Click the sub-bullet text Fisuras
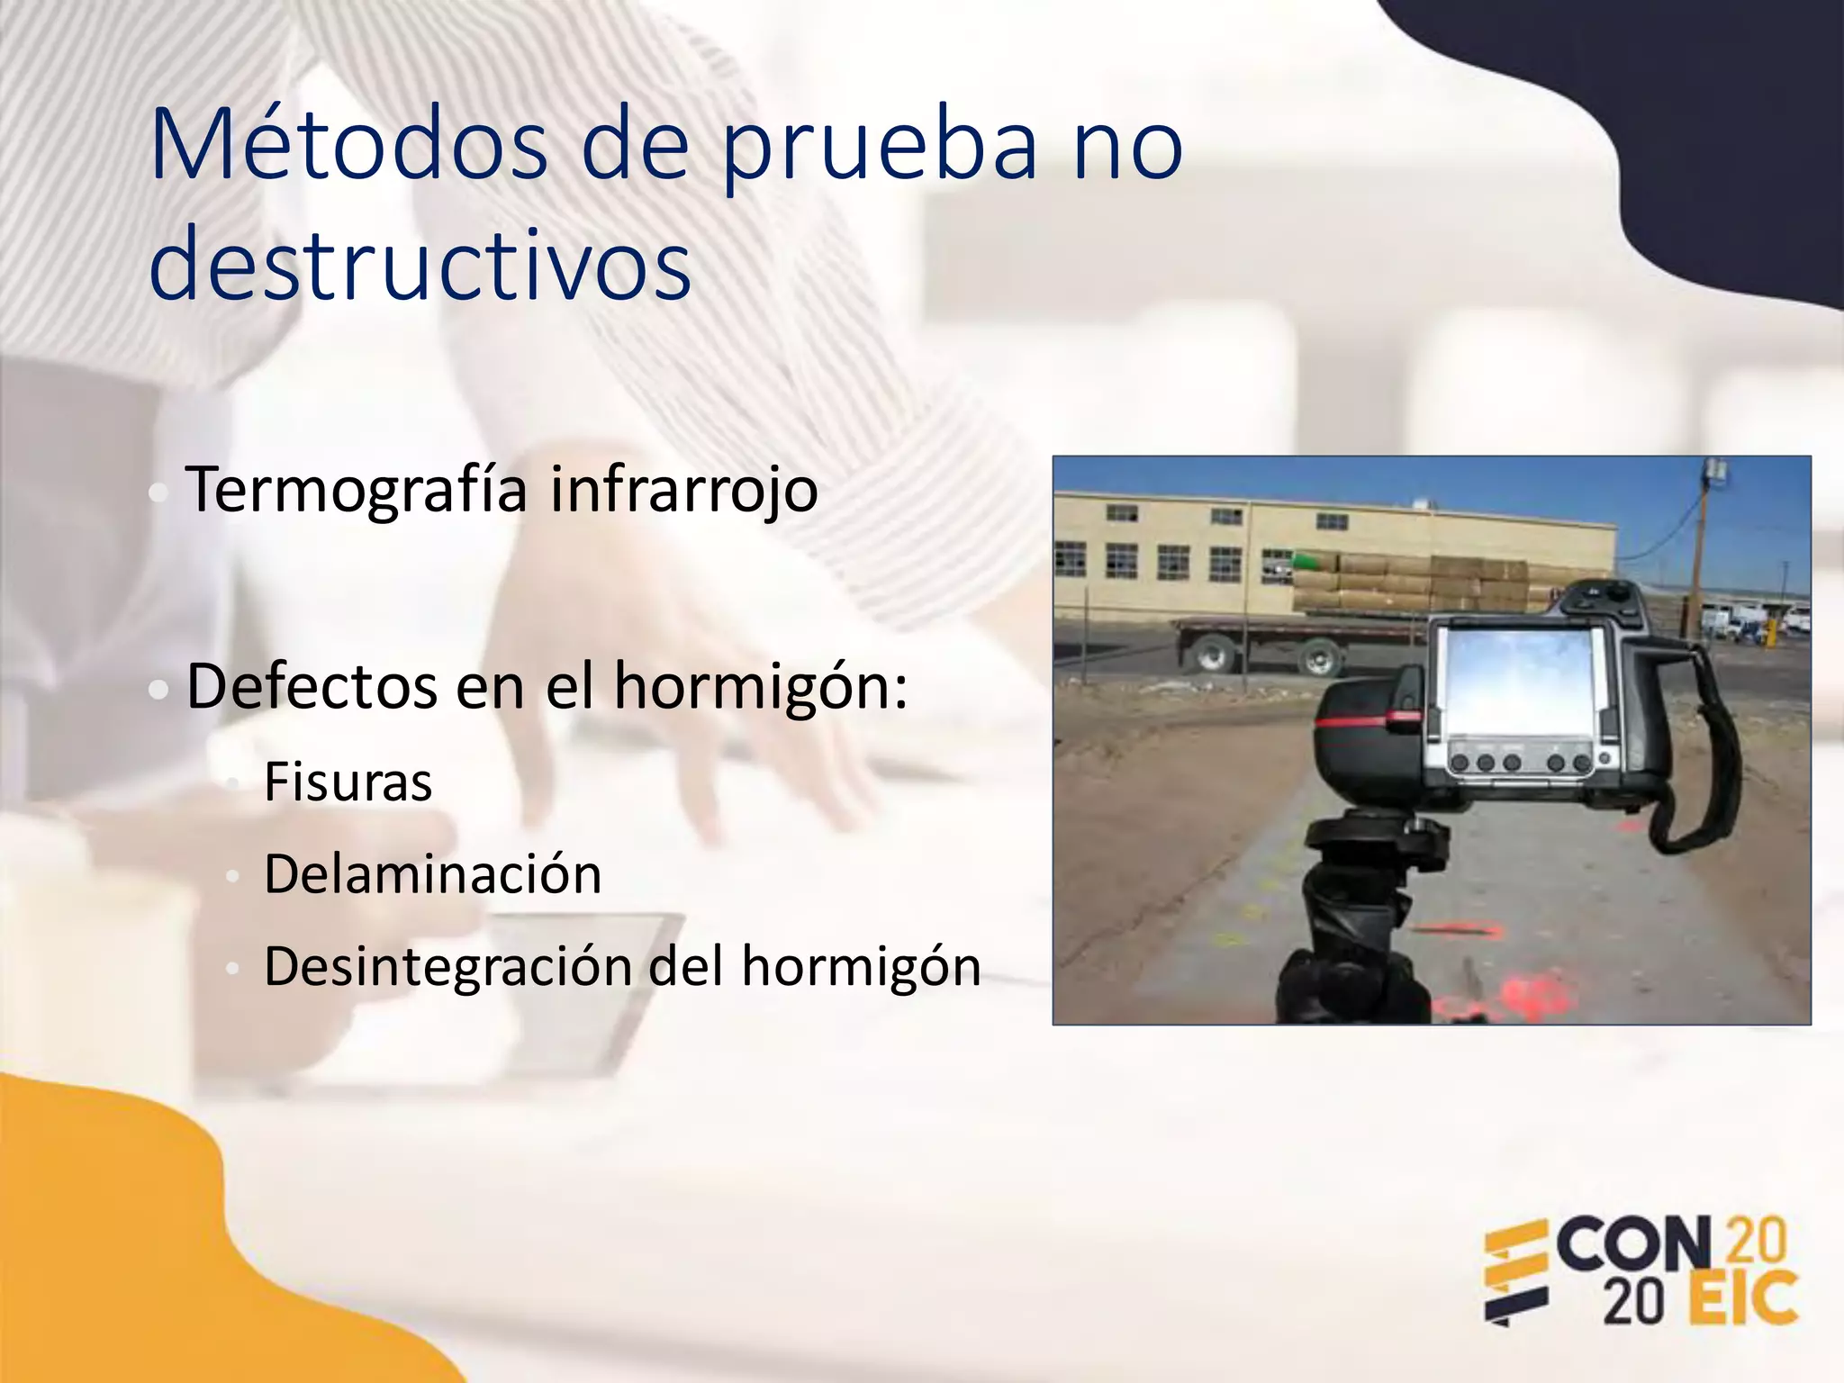[x=348, y=782]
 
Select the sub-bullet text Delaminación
[x=432, y=874]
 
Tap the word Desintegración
[x=448, y=967]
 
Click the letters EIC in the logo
[x=1743, y=1299]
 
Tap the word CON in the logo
[x=1633, y=1245]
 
